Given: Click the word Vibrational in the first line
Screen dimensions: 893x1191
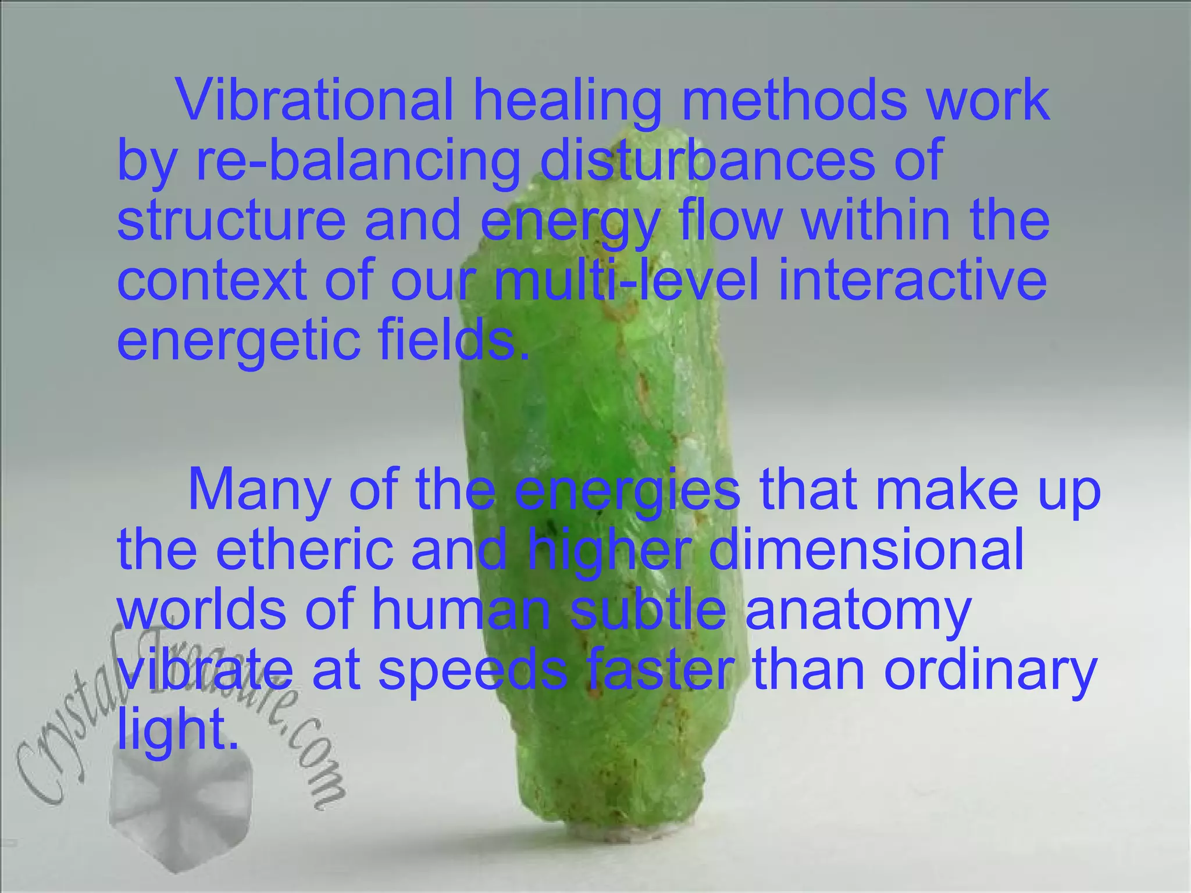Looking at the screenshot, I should coord(315,100).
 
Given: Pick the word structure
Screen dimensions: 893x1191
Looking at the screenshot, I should coord(231,221).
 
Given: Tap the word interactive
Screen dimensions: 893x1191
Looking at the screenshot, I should coord(912,280).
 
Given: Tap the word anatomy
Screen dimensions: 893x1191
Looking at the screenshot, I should coord(858,612).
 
